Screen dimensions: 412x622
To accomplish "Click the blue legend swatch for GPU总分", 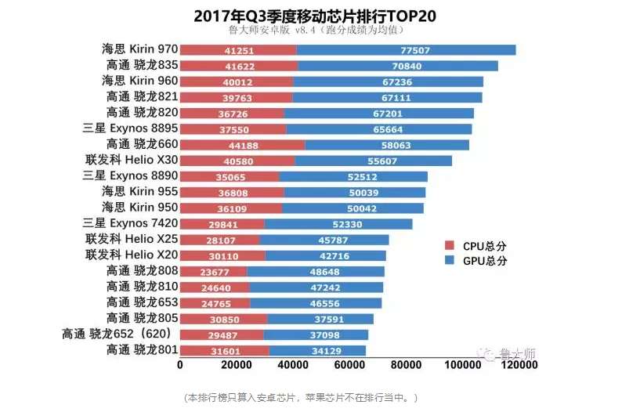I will [x=450, y=260].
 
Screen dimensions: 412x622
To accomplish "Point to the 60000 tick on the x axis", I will [x=349, y=364].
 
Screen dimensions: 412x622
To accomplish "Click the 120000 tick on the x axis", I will [x=517, y=364].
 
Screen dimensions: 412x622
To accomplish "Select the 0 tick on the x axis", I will [x=180, y=364].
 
